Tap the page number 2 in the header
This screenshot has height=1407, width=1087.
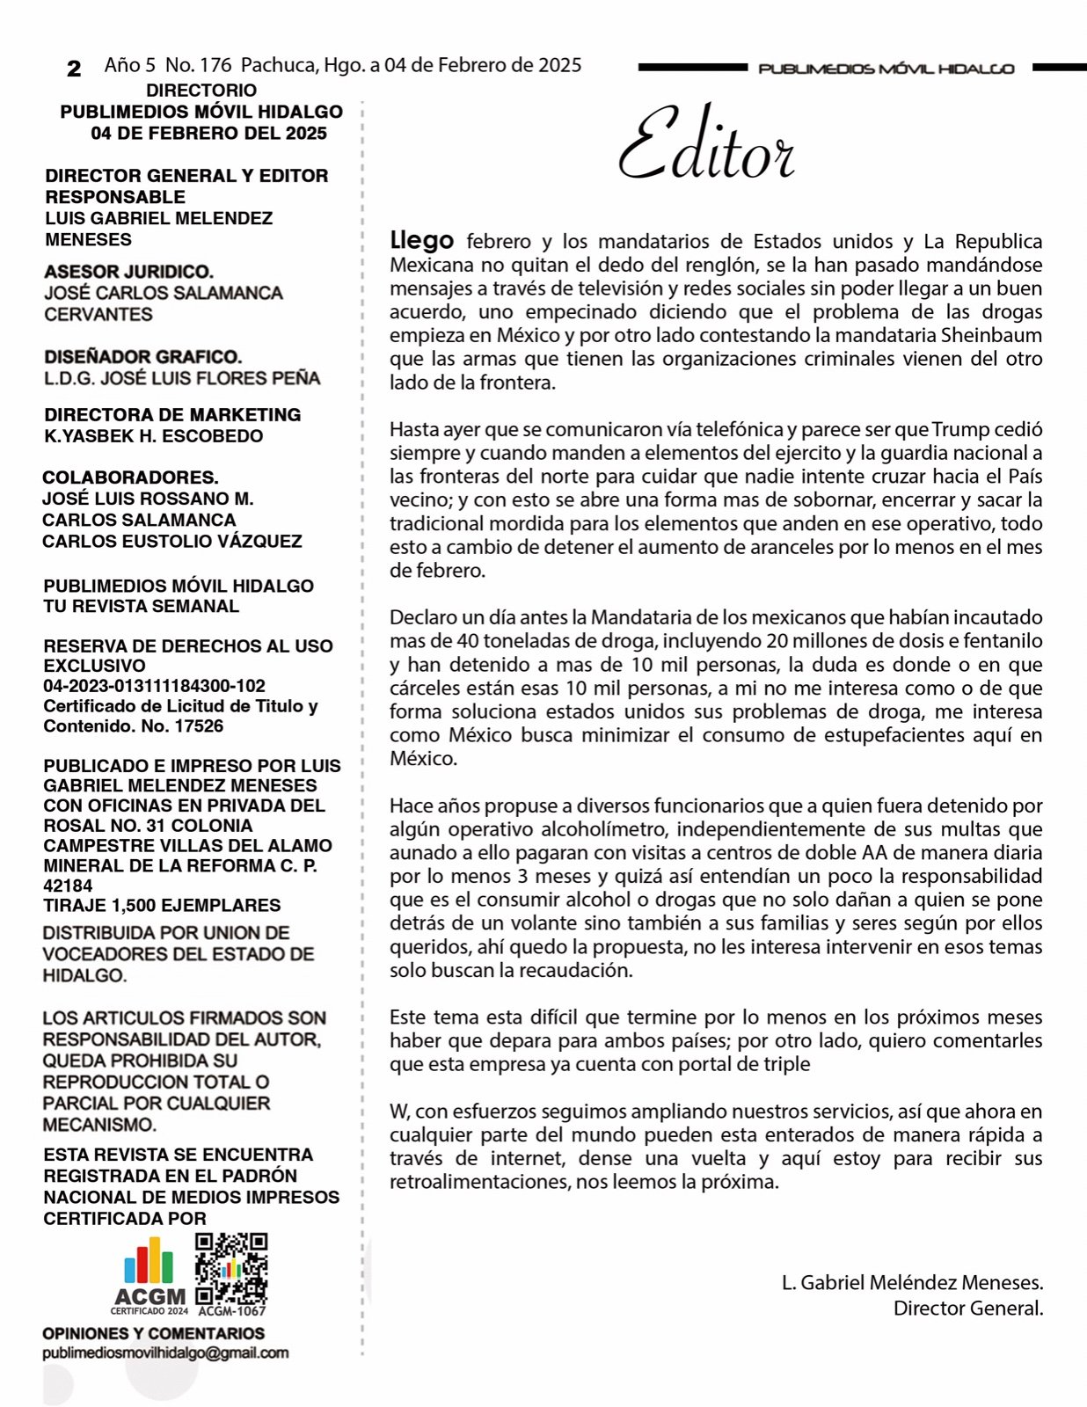click(74, 69)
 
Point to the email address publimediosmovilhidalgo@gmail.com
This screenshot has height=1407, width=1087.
click(165, 1353)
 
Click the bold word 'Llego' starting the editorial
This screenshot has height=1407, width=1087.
click(422, 240)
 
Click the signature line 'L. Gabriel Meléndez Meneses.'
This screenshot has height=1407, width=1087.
click(912, 1282)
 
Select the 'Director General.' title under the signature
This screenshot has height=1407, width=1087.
click(967, 1308)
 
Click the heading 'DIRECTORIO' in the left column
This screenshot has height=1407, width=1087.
click(201, 91)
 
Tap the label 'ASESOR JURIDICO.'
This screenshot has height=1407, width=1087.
click(128, 273)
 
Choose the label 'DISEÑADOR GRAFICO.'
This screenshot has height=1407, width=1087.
click(142, 357)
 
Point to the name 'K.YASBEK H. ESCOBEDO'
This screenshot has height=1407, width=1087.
click(153, 436)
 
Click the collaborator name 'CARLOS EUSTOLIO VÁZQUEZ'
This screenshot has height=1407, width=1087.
click(171, 541)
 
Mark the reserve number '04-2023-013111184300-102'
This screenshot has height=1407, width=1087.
click(154, 686)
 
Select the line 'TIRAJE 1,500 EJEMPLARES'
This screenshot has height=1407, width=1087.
click(162, 905)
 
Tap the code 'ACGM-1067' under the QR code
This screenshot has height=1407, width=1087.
click(232, 1311)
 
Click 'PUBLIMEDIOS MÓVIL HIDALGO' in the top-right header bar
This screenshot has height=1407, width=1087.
click(886, 69)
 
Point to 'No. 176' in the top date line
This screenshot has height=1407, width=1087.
click(198, 65)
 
